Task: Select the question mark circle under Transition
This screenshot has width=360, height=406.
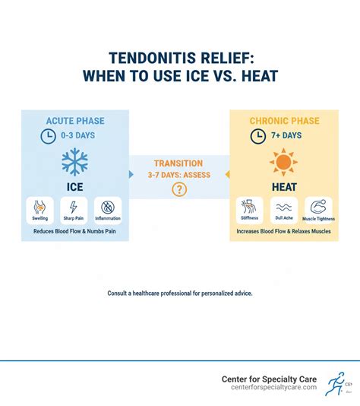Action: coord(179,190)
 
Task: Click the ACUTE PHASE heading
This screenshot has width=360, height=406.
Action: coord(74,120)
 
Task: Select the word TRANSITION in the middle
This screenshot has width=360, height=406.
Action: coord(179,162)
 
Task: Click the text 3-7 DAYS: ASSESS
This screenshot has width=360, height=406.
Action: coord(179,174)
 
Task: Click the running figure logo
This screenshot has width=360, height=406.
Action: coord(333,385)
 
